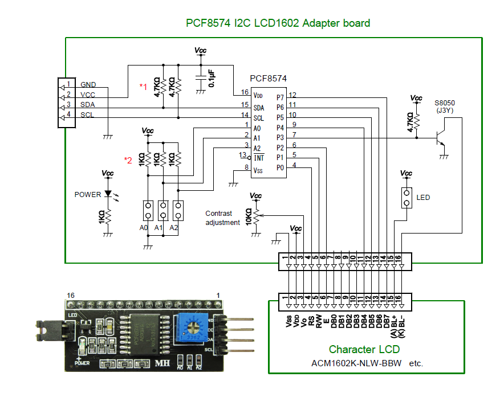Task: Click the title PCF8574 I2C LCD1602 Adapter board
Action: (x=278, y=23)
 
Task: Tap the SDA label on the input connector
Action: (x=88, y=105)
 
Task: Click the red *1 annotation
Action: (x=144, y=86)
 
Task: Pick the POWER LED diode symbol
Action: (x=107, y=194)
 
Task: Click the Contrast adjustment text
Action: (x=222, y=218)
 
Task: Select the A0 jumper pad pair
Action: (x=148, y=211)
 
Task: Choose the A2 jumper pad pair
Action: (x=178, y=211)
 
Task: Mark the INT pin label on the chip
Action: (x=258, y=157)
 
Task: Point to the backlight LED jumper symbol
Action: (x=407, y=198)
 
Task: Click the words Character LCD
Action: (x=364, y=349)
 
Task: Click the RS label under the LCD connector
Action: (x=311, y=322)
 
